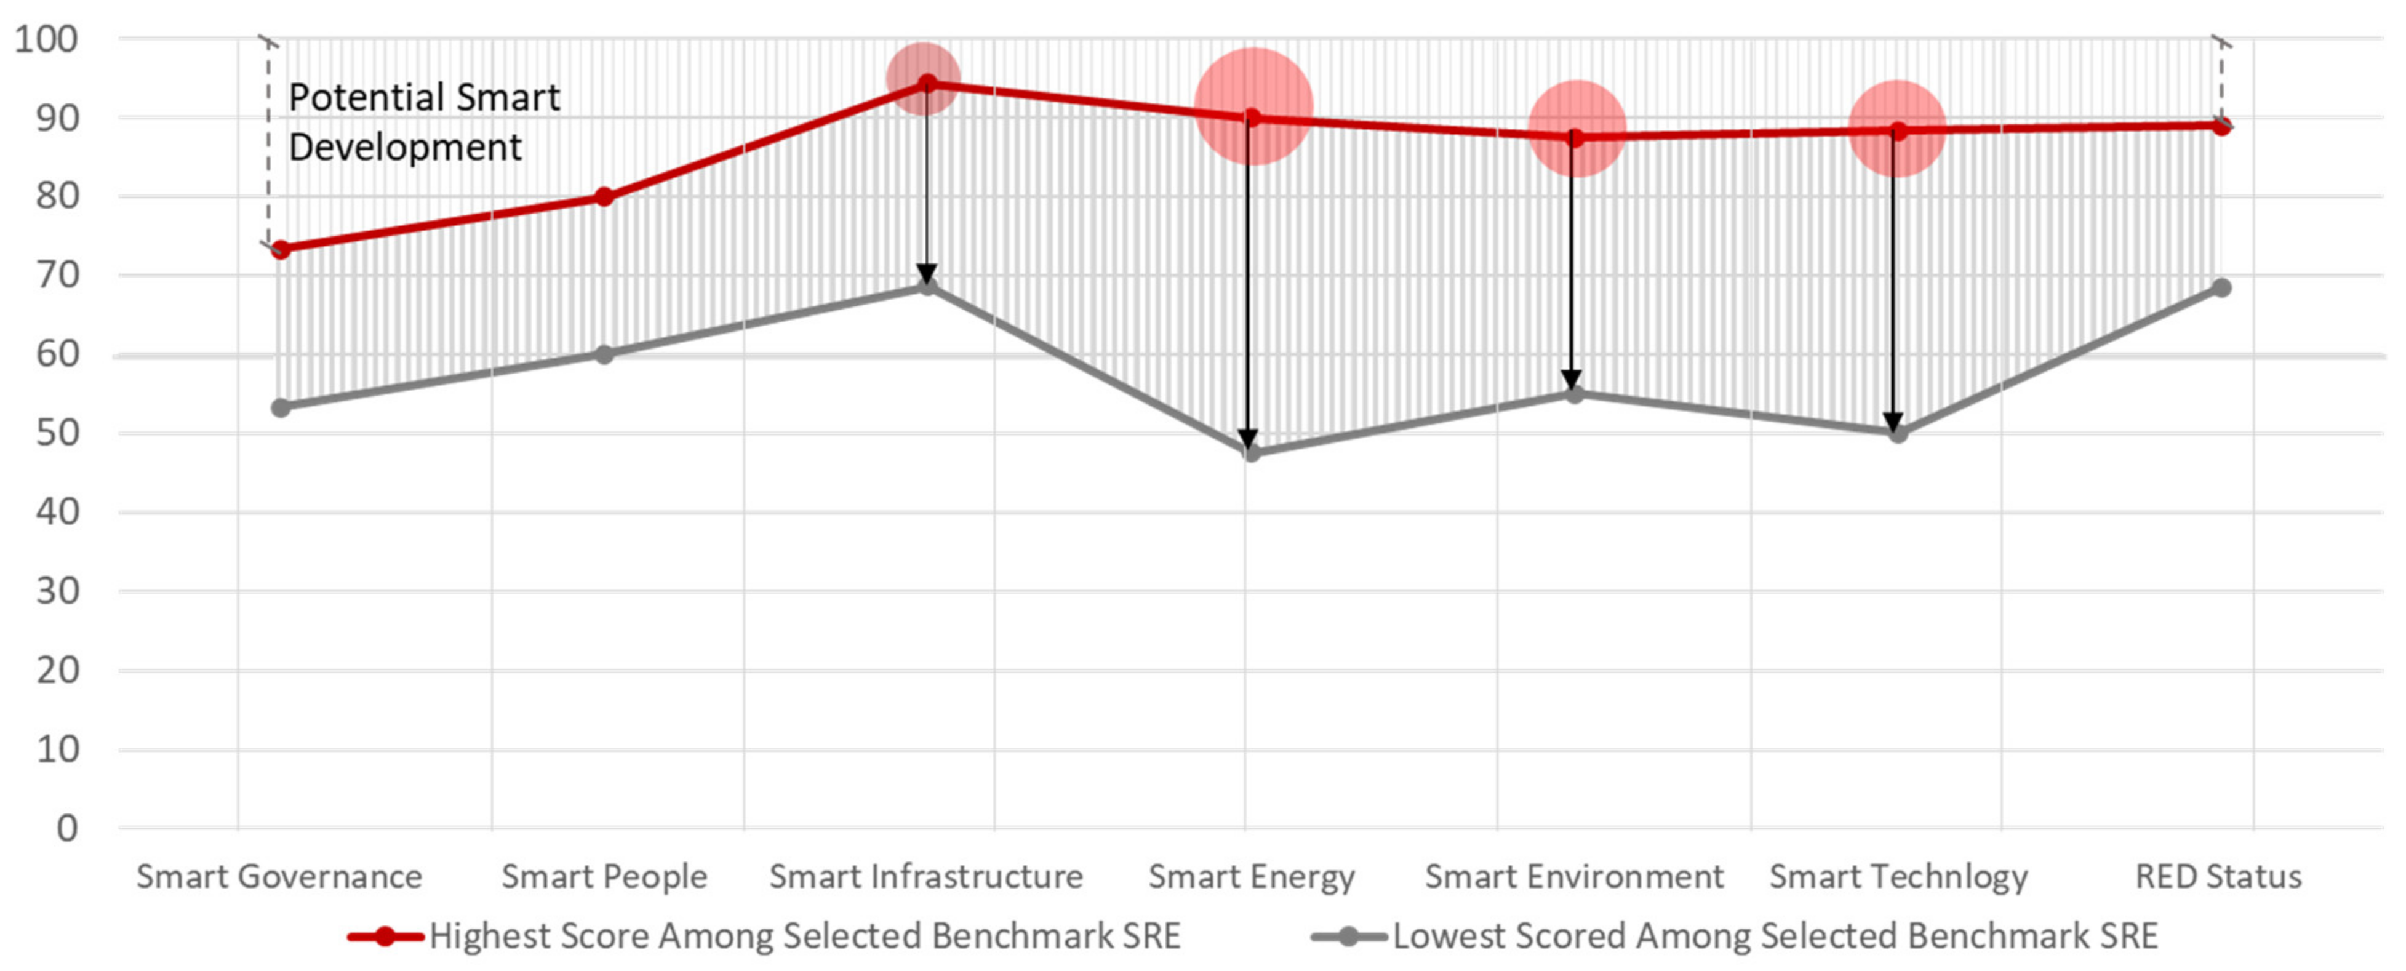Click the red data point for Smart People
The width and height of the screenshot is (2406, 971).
pos(604,197)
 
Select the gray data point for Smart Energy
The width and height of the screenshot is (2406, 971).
pos(1252,453)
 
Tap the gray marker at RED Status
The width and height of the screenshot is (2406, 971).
pos(2221,287)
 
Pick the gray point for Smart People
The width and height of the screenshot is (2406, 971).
pos(604,355)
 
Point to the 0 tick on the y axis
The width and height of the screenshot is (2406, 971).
pos(67,828)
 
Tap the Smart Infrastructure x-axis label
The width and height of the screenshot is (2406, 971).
pos(925,877)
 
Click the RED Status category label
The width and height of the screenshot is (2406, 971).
pos(2218,877)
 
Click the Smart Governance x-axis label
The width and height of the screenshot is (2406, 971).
pos(279,877)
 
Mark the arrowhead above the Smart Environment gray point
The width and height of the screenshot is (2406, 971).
pos(1572,380)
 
